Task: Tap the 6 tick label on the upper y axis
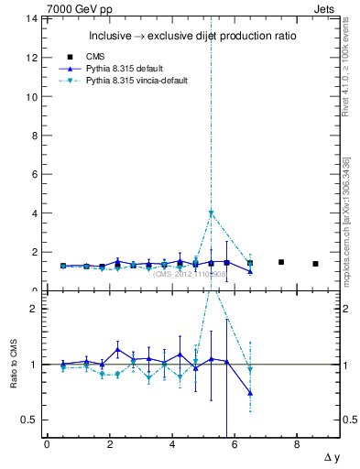(34, 174)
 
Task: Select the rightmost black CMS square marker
(315, 264)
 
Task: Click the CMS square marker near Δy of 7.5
(281, 262)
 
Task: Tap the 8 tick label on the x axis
(297, 444)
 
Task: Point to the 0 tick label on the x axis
(47, 444)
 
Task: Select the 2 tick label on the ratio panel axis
(34, 309)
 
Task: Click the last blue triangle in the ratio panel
(250, 393)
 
